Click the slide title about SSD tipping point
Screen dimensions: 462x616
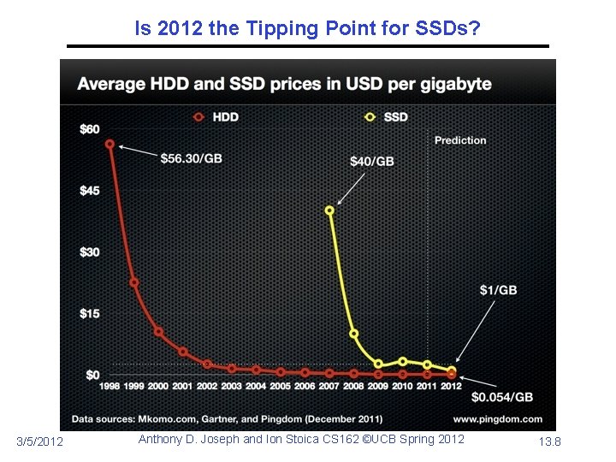(308, 29)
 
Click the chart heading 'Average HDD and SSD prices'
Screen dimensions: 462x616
(284, 84)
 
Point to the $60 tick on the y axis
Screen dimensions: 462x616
(89, 129)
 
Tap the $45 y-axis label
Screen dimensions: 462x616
(89, 190)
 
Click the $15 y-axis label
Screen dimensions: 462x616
(89, 313)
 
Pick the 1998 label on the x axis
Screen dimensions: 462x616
(110, 387)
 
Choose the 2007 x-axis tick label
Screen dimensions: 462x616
(329, 387)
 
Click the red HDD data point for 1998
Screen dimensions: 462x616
(110, 144)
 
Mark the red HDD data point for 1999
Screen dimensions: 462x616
(134, 282)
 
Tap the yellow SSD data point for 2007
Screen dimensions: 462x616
(329, 210)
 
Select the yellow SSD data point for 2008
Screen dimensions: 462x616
(354, 334)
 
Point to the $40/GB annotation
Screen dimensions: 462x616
(372, 162)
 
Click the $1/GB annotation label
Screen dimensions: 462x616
(498, 290)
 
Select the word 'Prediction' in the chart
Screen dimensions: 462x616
(460, 140)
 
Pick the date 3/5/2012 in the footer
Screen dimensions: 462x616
(40, 441)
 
